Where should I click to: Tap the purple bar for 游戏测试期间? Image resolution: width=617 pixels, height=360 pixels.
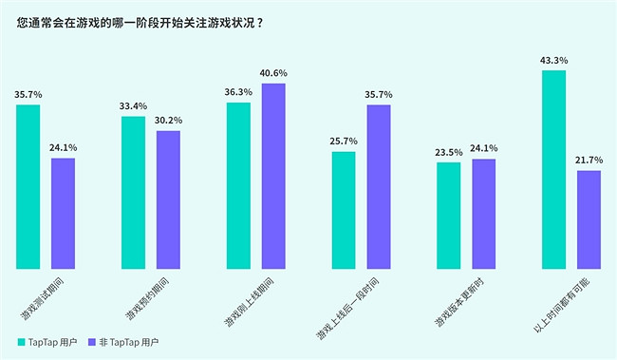[x=63, y=213]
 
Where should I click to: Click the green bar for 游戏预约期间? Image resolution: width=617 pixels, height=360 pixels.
[x=133, y=192]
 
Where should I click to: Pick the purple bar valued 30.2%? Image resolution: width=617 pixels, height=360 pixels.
[x=168, y=199]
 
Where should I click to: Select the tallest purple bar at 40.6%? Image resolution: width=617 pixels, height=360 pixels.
[x=273, y=176]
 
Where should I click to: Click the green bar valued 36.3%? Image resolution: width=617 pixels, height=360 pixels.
[x=238, y=185]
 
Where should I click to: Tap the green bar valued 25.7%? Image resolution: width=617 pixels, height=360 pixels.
[x=344, y=210]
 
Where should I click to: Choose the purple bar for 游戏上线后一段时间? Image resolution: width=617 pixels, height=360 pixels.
[x=379, y=186]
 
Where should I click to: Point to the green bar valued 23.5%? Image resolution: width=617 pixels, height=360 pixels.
[x=448, y=216]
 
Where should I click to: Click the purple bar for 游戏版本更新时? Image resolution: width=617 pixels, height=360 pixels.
[x=483, y=214]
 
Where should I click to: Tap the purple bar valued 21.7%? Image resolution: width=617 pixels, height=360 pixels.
[x=589, y=219]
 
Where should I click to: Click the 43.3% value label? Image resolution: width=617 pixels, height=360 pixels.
[x=553, y=60]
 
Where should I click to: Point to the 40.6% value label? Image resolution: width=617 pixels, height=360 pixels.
[x=273, y=73]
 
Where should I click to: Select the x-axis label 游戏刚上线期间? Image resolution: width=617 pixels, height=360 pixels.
[x=249, y=303]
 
